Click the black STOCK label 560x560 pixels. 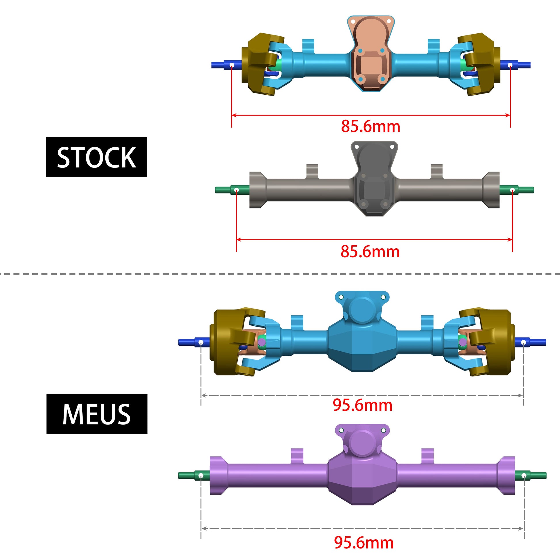pos(96,157)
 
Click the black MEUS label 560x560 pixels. pos(96,414)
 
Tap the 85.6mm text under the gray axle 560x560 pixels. pos(370,252)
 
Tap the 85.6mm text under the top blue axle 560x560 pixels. pos(370,126)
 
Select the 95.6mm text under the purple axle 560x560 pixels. pos(364,543)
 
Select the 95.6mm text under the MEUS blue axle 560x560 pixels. pos(362,405)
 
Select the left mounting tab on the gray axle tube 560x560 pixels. pos(312,171)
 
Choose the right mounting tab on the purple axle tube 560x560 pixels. pos(427,455)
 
